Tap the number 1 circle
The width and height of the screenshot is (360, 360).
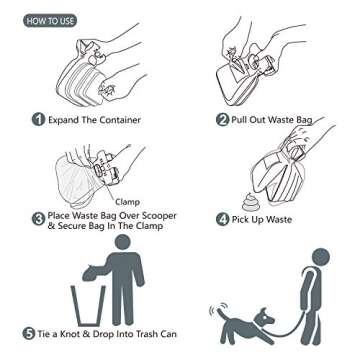(38, 120)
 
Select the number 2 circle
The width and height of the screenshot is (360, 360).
(222, 120)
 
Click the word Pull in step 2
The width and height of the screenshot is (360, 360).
(247, 120)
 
